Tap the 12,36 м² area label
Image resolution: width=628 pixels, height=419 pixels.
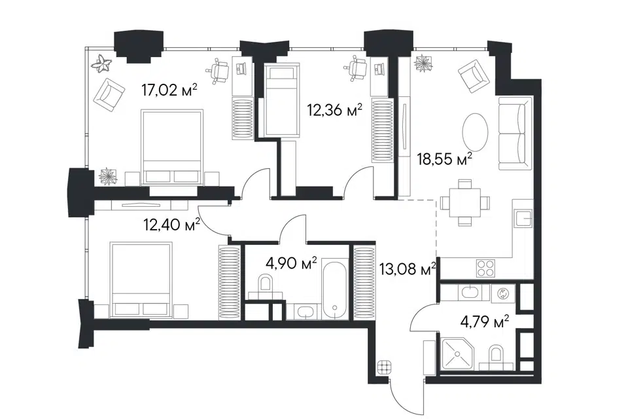334,109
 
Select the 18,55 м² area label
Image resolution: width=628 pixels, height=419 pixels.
445,159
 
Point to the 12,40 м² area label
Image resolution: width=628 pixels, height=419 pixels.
172,225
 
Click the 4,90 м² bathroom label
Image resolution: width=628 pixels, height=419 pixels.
291,263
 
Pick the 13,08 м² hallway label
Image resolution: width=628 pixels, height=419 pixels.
408,270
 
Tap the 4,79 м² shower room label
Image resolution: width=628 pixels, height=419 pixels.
485,321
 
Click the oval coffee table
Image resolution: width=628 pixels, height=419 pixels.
476,132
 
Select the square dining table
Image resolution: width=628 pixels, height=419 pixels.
464,202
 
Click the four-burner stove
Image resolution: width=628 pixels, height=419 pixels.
485,268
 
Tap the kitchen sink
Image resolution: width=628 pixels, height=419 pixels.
524,219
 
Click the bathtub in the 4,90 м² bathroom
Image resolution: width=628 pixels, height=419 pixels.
334,291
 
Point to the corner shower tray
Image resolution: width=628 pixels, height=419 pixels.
457,354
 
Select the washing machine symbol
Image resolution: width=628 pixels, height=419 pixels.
502,293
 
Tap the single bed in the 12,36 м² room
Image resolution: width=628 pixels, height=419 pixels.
283,101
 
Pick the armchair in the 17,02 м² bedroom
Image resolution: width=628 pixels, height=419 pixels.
109,95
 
